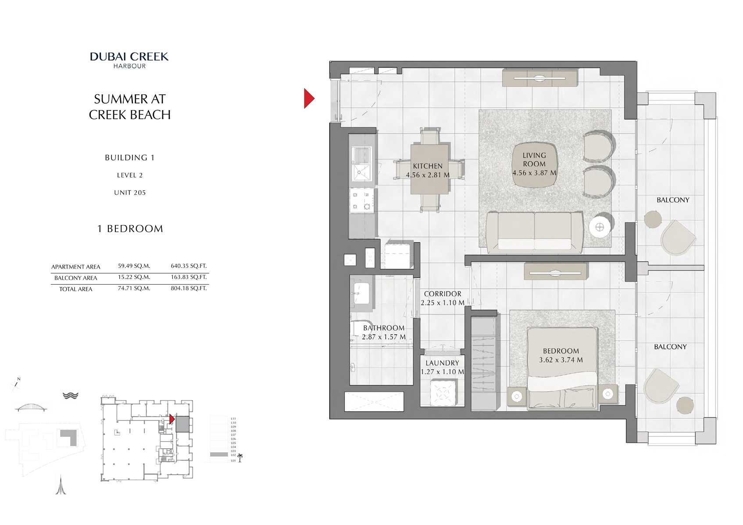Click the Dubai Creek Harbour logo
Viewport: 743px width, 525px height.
129,60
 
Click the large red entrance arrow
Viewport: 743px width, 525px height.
309,98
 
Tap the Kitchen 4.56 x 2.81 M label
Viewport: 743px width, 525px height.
427,171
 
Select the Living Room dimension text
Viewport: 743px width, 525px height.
534,173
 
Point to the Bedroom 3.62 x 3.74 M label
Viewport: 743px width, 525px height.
561,355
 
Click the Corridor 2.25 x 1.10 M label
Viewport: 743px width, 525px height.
442,298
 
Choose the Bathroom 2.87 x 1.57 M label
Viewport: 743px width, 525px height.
383,332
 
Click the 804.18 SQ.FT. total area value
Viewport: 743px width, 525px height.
189,288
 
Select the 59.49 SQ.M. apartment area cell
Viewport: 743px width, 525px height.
134,266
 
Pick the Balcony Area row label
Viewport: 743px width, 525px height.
75,278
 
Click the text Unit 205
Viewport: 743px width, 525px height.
129,193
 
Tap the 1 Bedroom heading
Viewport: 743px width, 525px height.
130,229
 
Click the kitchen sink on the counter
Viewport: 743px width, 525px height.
361,164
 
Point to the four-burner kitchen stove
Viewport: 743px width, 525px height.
362,200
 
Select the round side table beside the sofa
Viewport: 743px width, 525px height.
600,227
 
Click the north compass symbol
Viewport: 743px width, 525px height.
16,384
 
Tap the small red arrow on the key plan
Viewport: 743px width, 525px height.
172,419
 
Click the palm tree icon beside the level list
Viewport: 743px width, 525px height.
240,458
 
